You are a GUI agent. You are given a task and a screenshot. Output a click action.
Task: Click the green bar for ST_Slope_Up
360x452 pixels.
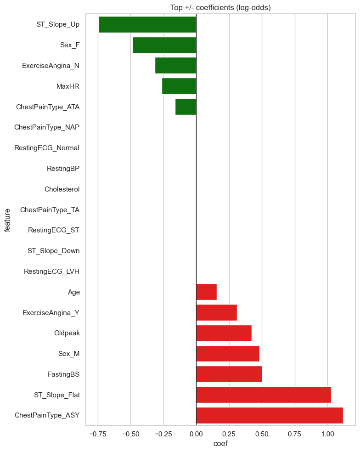click(x=147, y=24)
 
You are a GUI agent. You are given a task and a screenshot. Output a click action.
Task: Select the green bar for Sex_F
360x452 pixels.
click(x=164, y=45)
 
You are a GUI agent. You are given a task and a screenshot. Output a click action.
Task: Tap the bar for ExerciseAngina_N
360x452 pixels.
click(x=175, y=66)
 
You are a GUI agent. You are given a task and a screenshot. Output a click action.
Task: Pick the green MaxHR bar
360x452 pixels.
click(x=179, y=86)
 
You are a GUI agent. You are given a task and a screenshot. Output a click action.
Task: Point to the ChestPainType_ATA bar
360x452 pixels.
click(x=186, y=107)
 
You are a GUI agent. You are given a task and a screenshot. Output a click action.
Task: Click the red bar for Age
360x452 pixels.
click(x=206, y=292)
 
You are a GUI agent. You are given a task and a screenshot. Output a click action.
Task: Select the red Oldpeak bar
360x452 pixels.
click(x=224, y=333)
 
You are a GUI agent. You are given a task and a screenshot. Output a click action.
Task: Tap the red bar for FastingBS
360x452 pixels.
click(x=229, y=374)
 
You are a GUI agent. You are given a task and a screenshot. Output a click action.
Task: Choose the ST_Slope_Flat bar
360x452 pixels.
click(x=263, y=395)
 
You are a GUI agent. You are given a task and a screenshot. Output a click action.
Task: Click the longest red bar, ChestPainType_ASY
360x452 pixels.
click(x=269, y=415)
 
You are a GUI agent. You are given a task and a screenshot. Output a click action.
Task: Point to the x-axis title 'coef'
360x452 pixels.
click(x=220, y=444)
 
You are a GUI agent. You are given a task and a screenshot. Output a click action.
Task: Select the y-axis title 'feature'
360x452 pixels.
click(x=8, y=220)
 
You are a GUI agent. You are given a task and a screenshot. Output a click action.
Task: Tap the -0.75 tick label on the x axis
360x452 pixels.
click(x=98, y=433)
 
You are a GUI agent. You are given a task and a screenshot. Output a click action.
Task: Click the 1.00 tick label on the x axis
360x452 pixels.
click(x=327, y=433)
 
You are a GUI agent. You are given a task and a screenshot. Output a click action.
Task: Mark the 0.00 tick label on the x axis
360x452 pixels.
click(x=196, y=433)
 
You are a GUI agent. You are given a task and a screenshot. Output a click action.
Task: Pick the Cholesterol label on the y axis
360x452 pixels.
click(x=62, y=189)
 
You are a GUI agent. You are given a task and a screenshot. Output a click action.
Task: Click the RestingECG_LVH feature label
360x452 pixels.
click(x=51, y=271)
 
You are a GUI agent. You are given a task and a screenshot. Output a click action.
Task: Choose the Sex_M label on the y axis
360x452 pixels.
click(x=69, y=354)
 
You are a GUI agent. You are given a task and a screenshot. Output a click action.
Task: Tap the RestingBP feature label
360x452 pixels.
click(x=63, y=169)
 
